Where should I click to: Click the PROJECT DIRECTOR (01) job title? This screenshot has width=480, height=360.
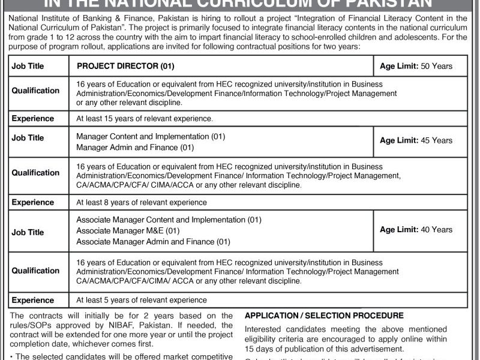[125, 66]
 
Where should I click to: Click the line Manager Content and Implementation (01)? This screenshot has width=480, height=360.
[151, 136]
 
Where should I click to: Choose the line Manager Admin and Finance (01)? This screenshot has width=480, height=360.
[136, 147]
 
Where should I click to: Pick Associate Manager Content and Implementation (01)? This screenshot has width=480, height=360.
[169, 220]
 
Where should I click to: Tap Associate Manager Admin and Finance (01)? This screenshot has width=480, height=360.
[154, 242]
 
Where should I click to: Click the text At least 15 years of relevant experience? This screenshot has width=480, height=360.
[145, 119]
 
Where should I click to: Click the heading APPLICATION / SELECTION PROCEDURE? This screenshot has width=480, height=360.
[325, 316]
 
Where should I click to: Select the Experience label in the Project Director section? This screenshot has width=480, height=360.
[33, 119]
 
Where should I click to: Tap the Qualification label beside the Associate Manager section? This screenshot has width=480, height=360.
[35, 271]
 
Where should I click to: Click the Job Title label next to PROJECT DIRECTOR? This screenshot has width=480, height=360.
[28, 66]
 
